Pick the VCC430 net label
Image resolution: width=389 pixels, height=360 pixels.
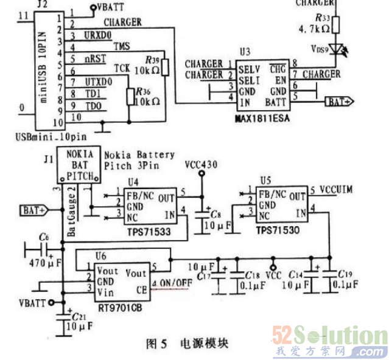201,164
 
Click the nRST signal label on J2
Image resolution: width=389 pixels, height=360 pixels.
94,60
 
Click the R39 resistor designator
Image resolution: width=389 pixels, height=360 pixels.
149,60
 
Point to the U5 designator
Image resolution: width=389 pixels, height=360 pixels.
265,180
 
